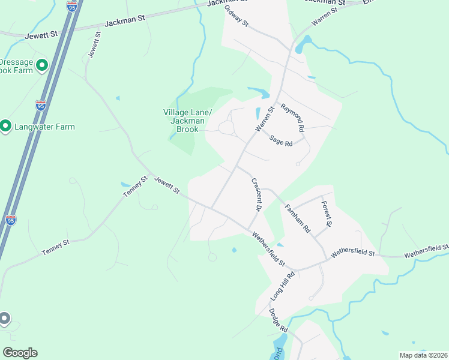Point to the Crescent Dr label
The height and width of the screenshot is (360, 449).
click(x=255, y=194)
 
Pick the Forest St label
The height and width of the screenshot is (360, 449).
click(x=326, y=214)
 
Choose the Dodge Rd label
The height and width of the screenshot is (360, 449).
click(x=279, y=320)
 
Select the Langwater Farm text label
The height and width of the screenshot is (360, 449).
click(x=46, y=127)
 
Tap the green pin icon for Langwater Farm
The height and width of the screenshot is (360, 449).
click(x=5, y=126)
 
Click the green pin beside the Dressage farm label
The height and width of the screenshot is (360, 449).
click(x=42, y=65)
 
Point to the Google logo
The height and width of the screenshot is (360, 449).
click(x=20, y=353)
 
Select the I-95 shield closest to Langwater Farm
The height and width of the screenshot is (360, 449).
click(x=40, y=106)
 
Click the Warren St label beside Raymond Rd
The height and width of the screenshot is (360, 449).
click(x=265, y=118)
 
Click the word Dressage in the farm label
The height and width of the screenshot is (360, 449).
click(x=16, y=61)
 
